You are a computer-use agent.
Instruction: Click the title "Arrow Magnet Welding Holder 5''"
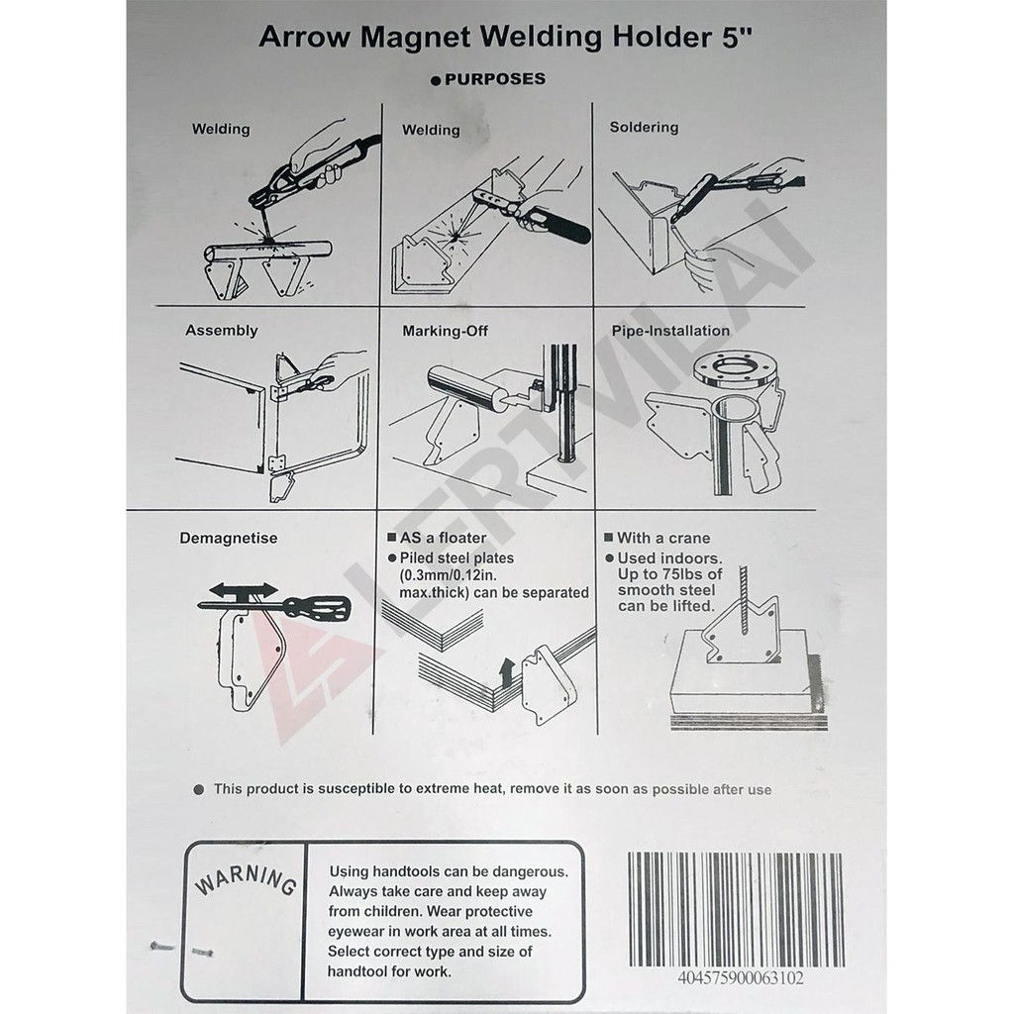(x=506, y=37)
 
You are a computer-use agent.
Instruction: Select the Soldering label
(x=644, y=127)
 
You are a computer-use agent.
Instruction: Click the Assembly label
(x=221, y=331)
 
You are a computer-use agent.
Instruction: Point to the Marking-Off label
(x=445, y=331)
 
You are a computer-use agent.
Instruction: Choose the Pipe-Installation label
(x=670, y=331)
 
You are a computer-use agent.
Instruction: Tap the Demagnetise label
(x=229, y=538)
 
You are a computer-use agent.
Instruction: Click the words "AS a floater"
(x=443, y=538)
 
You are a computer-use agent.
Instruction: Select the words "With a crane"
(x=663, y=538)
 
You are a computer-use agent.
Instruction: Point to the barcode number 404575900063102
(x=741, y=977)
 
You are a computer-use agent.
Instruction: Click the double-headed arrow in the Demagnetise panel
(x=244, y=590)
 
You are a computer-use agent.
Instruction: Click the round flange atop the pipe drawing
(x=736, y=372)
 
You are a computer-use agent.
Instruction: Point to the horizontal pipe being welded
(x=267, y=251)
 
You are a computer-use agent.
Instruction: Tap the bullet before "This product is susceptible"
(x=199, y=789)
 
